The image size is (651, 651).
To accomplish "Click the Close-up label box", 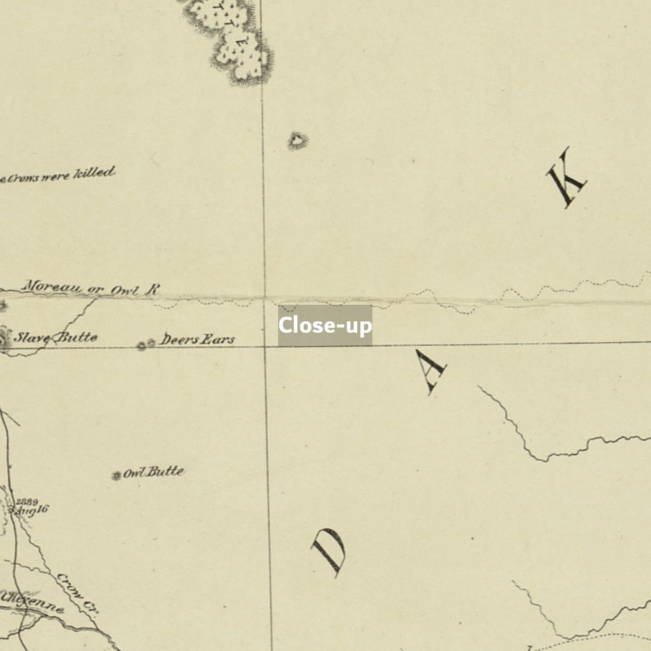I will tap(325, 325).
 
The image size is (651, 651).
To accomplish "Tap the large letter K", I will tap(567, 178).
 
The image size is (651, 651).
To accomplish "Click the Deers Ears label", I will tap(197, 340).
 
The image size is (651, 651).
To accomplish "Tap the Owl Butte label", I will tap(154, 473).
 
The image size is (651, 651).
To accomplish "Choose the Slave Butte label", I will tap(55, 337).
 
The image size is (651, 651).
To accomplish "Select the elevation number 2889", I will tap(27, 502).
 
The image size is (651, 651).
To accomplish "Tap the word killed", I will tap(94, 173).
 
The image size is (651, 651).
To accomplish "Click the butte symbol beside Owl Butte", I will tap(117, 475).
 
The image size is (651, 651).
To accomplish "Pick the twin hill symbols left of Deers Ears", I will tap(146, 344).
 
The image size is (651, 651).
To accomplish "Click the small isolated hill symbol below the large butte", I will tap(297, 141).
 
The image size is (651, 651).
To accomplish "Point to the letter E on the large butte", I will tap(241, 44).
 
